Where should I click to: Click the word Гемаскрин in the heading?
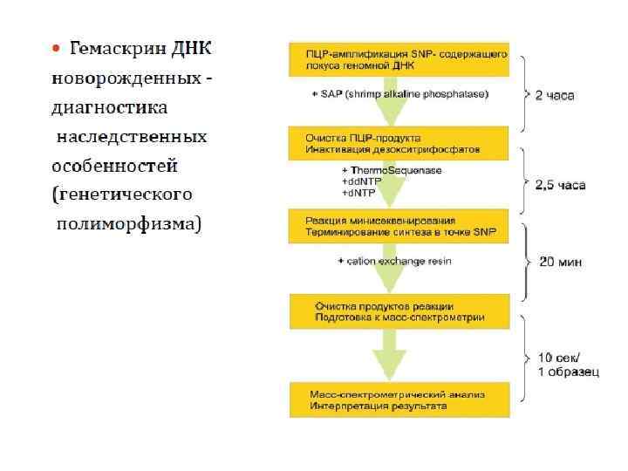click(x=117, y=47)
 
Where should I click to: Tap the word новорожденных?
click(x=127, y=78)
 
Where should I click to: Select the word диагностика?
click(x=110, y=107)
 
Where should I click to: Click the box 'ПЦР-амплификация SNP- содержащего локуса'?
click(x=399, y=59)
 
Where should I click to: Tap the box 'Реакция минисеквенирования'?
click(x=399, y=225)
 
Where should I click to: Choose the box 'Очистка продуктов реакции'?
click(x=399, y=310)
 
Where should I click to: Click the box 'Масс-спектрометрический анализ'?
click(x=399, y=399)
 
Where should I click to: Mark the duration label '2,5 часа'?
click(x=561, y=185)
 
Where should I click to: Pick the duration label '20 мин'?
click(x=558, y=261)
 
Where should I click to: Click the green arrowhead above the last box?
click(x=389, y=364)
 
